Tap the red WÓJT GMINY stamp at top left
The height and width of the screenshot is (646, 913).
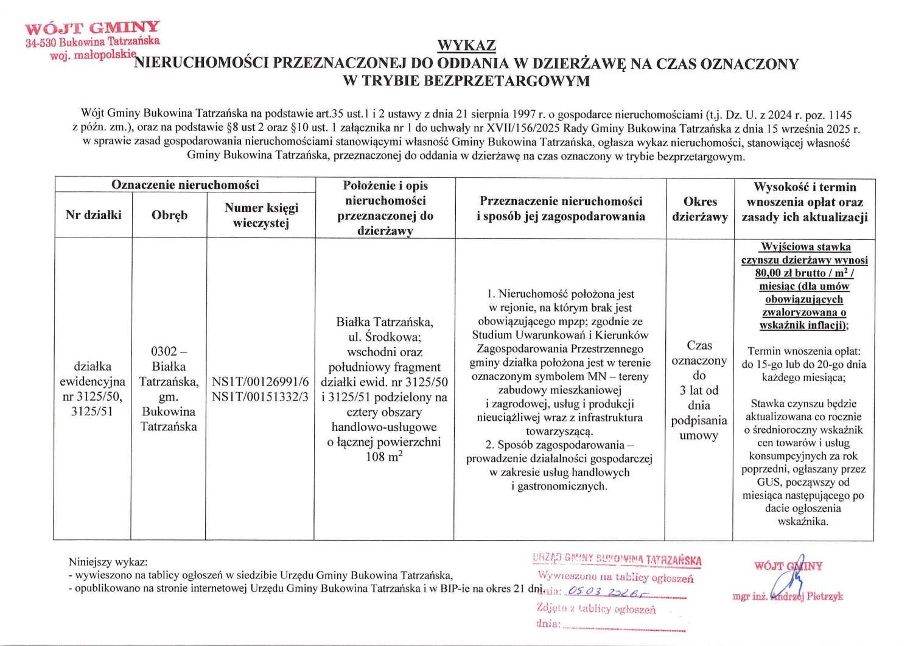93,28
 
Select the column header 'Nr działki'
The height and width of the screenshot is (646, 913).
94,215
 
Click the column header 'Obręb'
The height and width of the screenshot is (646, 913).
169,215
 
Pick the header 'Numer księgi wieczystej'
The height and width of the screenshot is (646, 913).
261,215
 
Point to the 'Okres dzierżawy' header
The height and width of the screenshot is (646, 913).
700,209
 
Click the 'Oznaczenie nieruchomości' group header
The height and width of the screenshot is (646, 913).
185,185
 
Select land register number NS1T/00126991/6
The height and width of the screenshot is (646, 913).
261,382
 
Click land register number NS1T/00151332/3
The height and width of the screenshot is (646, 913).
261,396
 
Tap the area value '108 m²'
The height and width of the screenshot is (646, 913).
384,457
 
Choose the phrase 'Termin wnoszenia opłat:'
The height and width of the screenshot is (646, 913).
804,351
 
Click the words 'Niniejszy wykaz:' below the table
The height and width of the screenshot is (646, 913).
108,562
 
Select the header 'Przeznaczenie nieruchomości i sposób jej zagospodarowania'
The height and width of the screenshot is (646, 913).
561,209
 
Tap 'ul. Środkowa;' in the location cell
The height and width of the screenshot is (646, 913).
384,337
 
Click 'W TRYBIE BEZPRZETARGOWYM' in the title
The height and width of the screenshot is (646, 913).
466,81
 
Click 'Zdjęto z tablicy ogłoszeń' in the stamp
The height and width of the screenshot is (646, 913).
596,608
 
